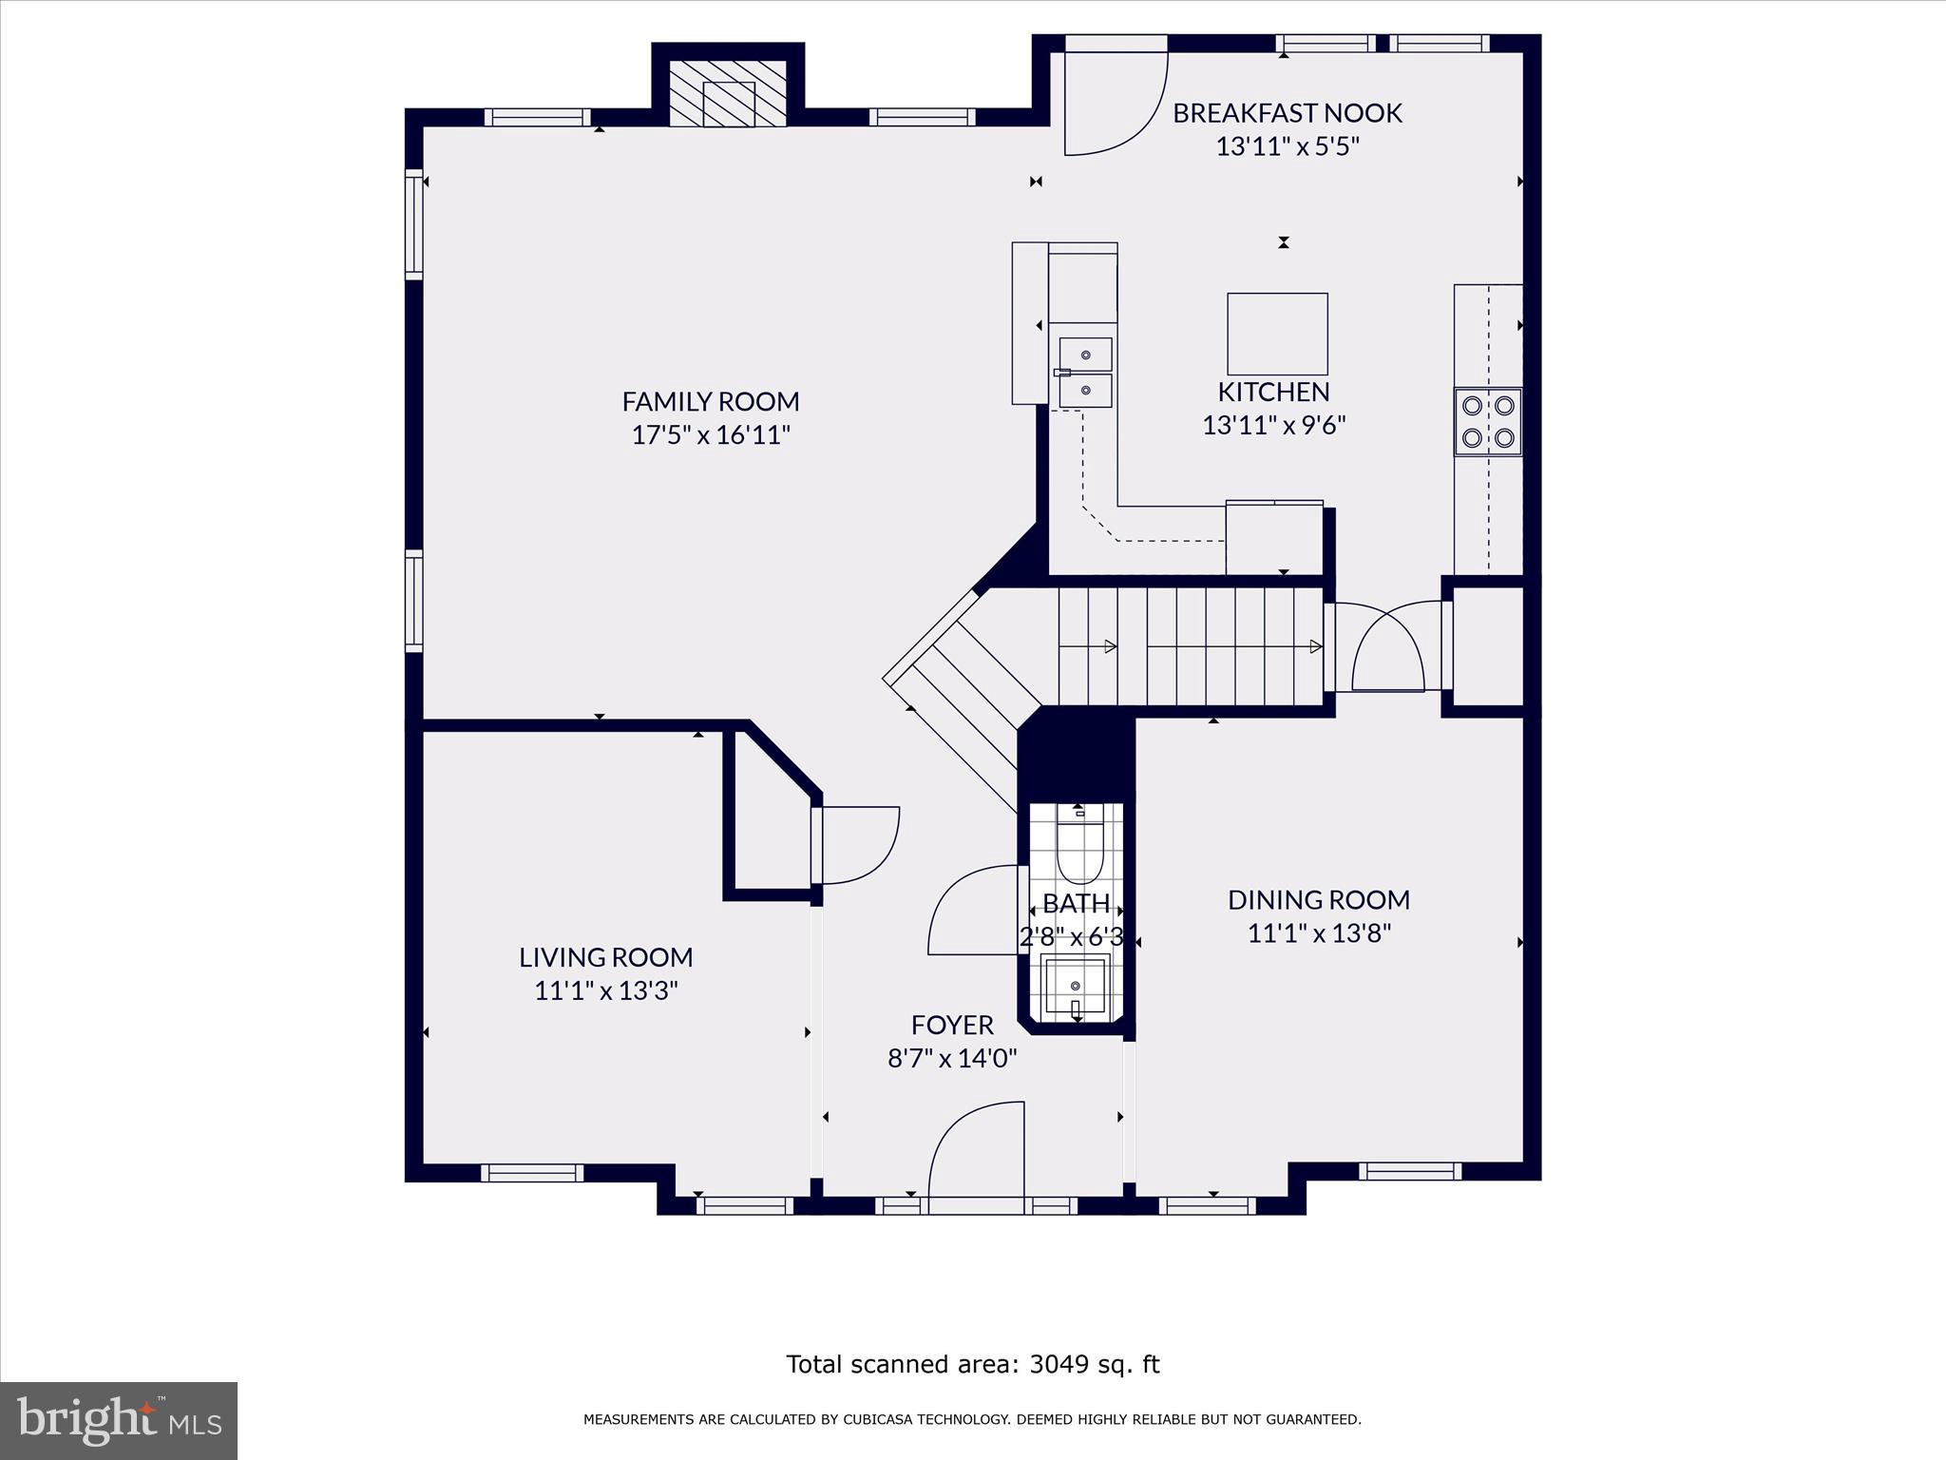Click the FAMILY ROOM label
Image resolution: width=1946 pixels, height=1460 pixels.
711,401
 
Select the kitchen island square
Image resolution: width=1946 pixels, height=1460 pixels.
1277,334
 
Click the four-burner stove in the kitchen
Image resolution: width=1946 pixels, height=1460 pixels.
1488,422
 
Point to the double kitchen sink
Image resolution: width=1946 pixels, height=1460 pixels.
1085,373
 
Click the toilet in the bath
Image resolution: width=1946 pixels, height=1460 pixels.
1078,848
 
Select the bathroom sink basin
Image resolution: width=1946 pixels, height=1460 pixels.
1076,986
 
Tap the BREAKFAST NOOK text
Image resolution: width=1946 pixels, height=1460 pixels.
1287,113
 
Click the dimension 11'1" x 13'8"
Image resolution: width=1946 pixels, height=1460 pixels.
1319,933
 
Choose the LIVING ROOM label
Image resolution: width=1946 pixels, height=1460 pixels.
606,957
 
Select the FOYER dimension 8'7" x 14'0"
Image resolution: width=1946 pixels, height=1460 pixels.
952,1059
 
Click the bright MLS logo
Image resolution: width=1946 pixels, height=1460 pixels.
119,1420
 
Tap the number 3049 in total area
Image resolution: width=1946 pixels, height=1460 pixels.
1058,1364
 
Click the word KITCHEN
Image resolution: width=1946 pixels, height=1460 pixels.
1273,392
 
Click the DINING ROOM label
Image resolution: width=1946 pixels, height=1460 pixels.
1319,899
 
